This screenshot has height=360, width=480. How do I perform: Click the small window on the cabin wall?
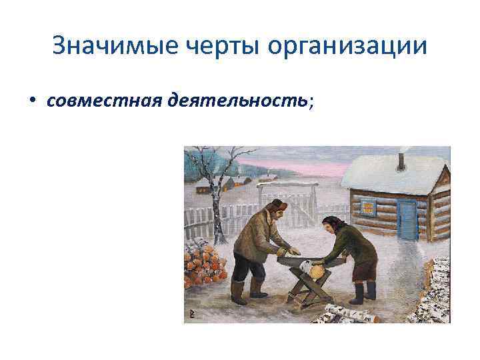(x=368, y=207)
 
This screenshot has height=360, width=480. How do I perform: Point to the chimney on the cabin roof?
(x=401, y=162)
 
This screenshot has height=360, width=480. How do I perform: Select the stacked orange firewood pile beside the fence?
(x=204, y=263)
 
